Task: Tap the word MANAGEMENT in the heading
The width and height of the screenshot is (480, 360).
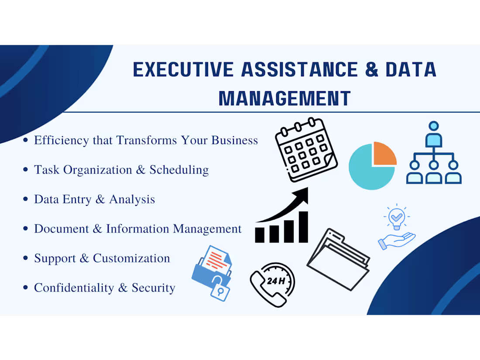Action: (285, 99)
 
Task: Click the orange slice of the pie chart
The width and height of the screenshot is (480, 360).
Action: (384, 154)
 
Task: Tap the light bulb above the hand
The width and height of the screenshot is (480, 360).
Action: (396, 217)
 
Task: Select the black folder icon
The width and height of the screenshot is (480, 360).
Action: (338, 259)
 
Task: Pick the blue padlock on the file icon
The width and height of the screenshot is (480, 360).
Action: (220, 291)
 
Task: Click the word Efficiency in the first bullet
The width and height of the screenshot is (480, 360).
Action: (62, 141)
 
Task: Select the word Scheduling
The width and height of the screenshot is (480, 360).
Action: (179, 170)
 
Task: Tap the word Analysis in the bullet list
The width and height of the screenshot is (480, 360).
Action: (132, 199)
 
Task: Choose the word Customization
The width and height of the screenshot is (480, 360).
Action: (131, 258)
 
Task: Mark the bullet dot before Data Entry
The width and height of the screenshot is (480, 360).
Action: (26, 199)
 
